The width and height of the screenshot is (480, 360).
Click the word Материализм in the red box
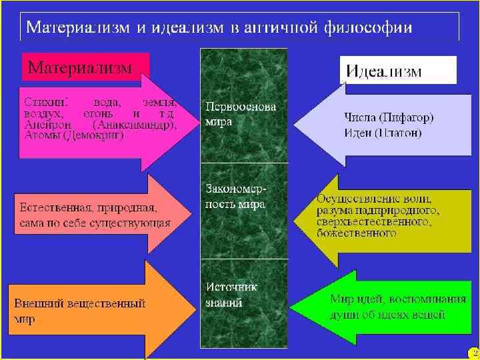coord(80,67)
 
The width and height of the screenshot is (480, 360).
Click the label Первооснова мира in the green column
coord(240,114)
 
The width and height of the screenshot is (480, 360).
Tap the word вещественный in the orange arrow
coord(106,303)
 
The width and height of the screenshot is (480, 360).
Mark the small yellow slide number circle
coord(473,352)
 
